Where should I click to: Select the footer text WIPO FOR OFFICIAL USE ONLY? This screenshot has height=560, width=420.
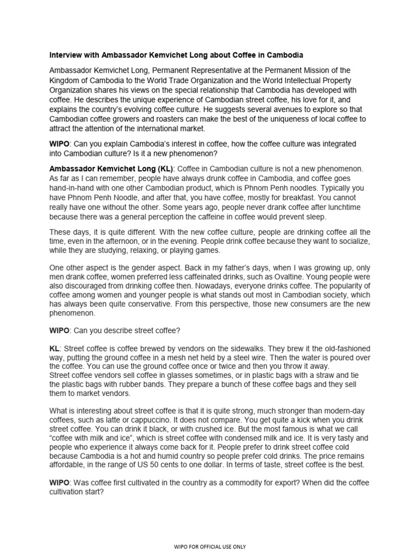[x=209, y=546]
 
